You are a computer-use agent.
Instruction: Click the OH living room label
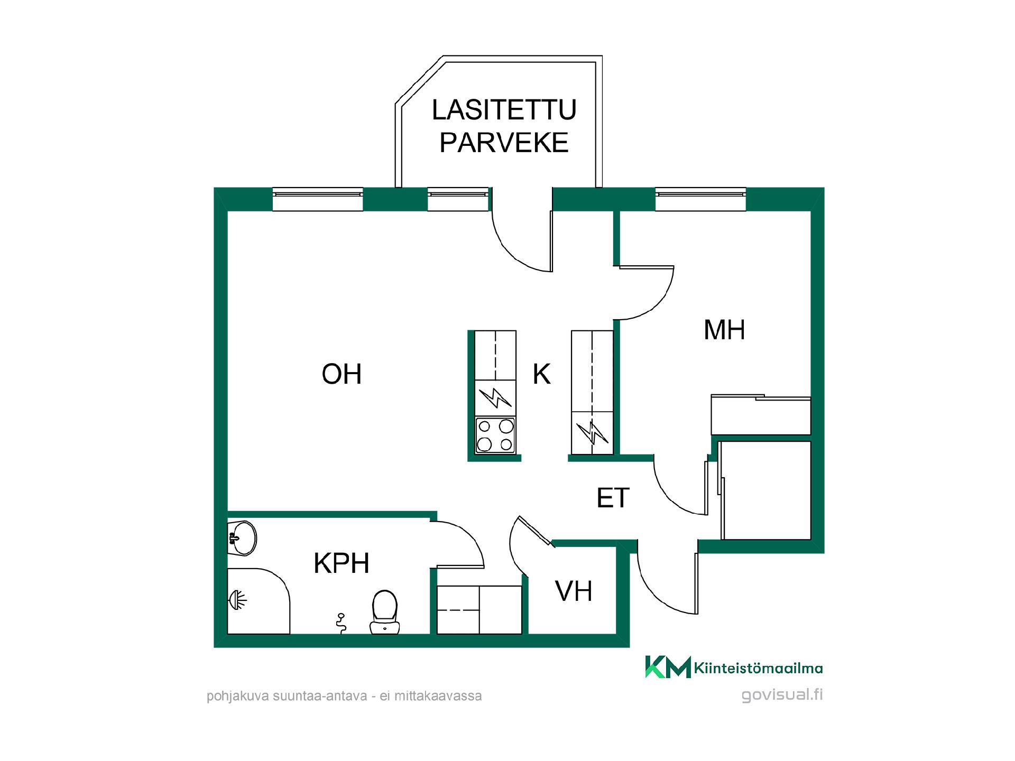tap(342, 374)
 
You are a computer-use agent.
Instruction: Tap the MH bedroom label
tap(724, 330)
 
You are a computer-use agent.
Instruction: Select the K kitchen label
tap(542, 374)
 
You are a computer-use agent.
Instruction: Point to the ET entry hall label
tap(613, 498)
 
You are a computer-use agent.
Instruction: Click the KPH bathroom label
tap(342, 563)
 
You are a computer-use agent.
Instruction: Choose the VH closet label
tap(574, 591)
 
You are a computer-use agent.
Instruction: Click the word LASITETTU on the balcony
tap(504, 110)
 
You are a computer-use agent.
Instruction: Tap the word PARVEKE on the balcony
tap(504, 143)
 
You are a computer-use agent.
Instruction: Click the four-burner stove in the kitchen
tap(495, 435)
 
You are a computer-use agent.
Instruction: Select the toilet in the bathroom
tap(385, 612)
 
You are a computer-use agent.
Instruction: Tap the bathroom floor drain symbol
tap(342, 623)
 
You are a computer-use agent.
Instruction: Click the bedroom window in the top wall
tap(700, 199)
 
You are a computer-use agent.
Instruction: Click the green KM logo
tap(668, 667)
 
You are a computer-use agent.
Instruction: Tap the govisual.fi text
tap(782, 695)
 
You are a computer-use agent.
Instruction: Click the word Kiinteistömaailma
tap(758, 668)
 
